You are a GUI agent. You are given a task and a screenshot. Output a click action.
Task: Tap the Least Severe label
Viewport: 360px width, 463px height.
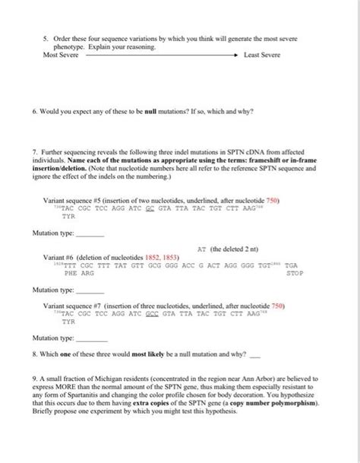click(x=262, y=55)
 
